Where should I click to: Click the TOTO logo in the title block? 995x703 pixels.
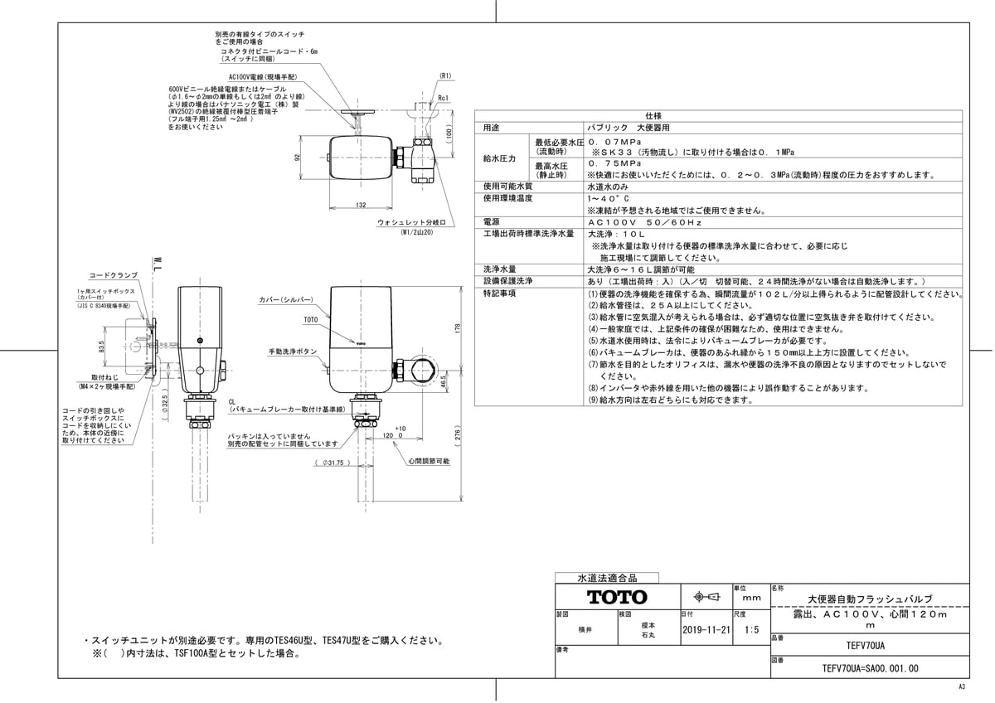point(617,597)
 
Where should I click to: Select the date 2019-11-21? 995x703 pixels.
point(706,629)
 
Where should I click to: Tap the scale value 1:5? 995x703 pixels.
point(752,629)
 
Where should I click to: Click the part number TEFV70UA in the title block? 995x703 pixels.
point(866,643)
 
